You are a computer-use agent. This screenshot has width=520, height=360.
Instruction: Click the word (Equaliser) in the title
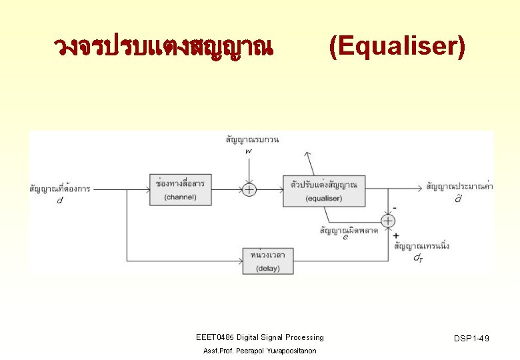pos(397,47)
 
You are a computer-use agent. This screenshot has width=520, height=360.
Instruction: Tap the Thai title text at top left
pos(163,47)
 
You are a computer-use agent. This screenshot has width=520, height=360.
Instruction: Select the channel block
pos(181,189)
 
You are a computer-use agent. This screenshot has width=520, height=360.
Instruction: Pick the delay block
pos(268,261)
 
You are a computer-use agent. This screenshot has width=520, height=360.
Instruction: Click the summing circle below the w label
pos(248,190)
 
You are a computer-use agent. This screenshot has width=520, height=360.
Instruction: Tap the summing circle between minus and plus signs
pos(388,221)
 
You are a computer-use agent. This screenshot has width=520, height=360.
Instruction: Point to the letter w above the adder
pos(248,151)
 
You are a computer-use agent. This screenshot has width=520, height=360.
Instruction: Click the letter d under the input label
pos(60,201)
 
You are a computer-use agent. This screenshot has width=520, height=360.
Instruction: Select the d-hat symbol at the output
pos(458,199)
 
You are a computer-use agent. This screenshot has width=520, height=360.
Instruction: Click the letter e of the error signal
pos(345,237)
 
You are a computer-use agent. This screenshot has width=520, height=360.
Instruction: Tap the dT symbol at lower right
pos(417,257)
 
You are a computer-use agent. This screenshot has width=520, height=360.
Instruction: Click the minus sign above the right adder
pos(395,208)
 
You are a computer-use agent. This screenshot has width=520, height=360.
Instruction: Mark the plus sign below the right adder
pos(396,235)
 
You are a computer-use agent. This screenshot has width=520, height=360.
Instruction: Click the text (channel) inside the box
pos(180,197)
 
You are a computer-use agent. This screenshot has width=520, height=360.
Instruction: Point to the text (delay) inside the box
pos(268,269)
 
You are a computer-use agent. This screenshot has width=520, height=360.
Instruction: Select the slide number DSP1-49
pos(471,339)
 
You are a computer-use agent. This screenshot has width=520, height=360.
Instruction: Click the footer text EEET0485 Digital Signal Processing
pos(259,337)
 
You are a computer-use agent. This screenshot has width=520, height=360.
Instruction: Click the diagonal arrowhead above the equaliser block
pos(307,154)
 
